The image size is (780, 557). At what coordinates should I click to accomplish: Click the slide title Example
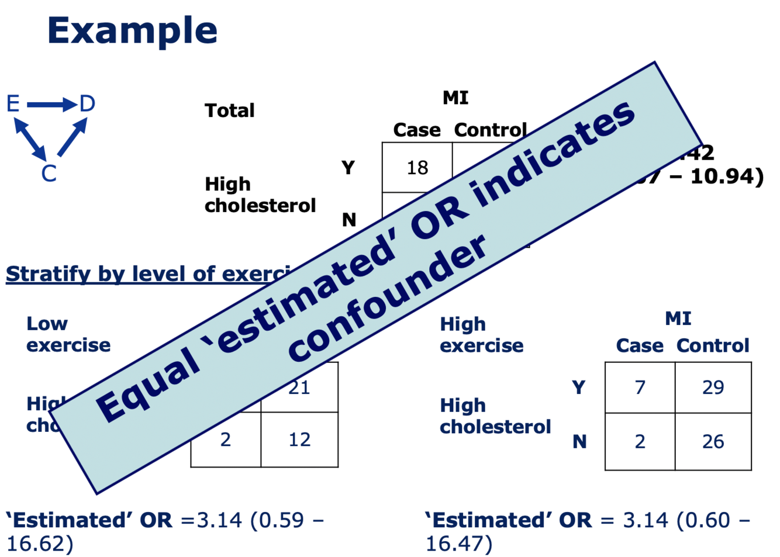pos(132,30)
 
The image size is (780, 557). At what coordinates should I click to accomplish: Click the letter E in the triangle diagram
pos(13,104)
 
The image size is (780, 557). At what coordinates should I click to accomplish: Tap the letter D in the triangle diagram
pos(87,104)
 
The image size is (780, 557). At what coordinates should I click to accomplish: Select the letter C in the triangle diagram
pos(49,174)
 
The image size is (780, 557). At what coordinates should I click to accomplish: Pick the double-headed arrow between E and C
pos(30,139)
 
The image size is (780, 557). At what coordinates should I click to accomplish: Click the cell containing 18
pos(417,168)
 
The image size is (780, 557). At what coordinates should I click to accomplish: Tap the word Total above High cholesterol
pos(229,110)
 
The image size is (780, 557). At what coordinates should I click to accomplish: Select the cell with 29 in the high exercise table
pos(713,388)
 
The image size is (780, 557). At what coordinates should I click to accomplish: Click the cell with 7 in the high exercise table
pos(640,388)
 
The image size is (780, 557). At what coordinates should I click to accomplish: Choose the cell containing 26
pos(713,441)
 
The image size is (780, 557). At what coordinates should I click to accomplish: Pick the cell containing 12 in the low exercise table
pos(299,440)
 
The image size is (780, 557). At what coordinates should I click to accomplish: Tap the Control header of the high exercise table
pos(713,346)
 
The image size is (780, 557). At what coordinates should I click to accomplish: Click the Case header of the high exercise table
pos(640,346)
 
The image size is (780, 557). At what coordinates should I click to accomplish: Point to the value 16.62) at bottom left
pos(40,544)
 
